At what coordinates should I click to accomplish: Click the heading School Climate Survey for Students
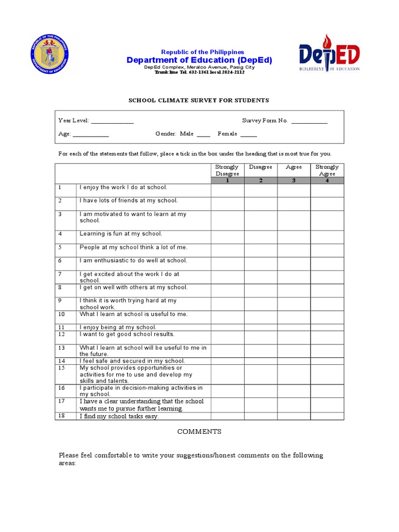[x=198, y=100]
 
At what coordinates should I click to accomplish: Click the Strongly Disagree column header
[x=227, y=170]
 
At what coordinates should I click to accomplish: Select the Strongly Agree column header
[x=327, y=170]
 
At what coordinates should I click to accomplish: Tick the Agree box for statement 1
[x=294, y=190]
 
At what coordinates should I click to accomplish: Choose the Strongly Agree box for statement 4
[x=327, y=237]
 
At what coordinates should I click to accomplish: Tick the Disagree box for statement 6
[x=260, y=263]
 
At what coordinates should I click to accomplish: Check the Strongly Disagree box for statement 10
[x=227, y=317]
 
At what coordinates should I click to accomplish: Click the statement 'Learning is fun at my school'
[x=121, y=234]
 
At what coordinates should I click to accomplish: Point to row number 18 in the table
[x=61, y=416]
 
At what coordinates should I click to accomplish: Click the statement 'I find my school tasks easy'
[x=119, y=416]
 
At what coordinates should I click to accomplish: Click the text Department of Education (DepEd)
[x=199, y=60]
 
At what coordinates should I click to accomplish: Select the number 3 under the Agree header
[x=294, y=180]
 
